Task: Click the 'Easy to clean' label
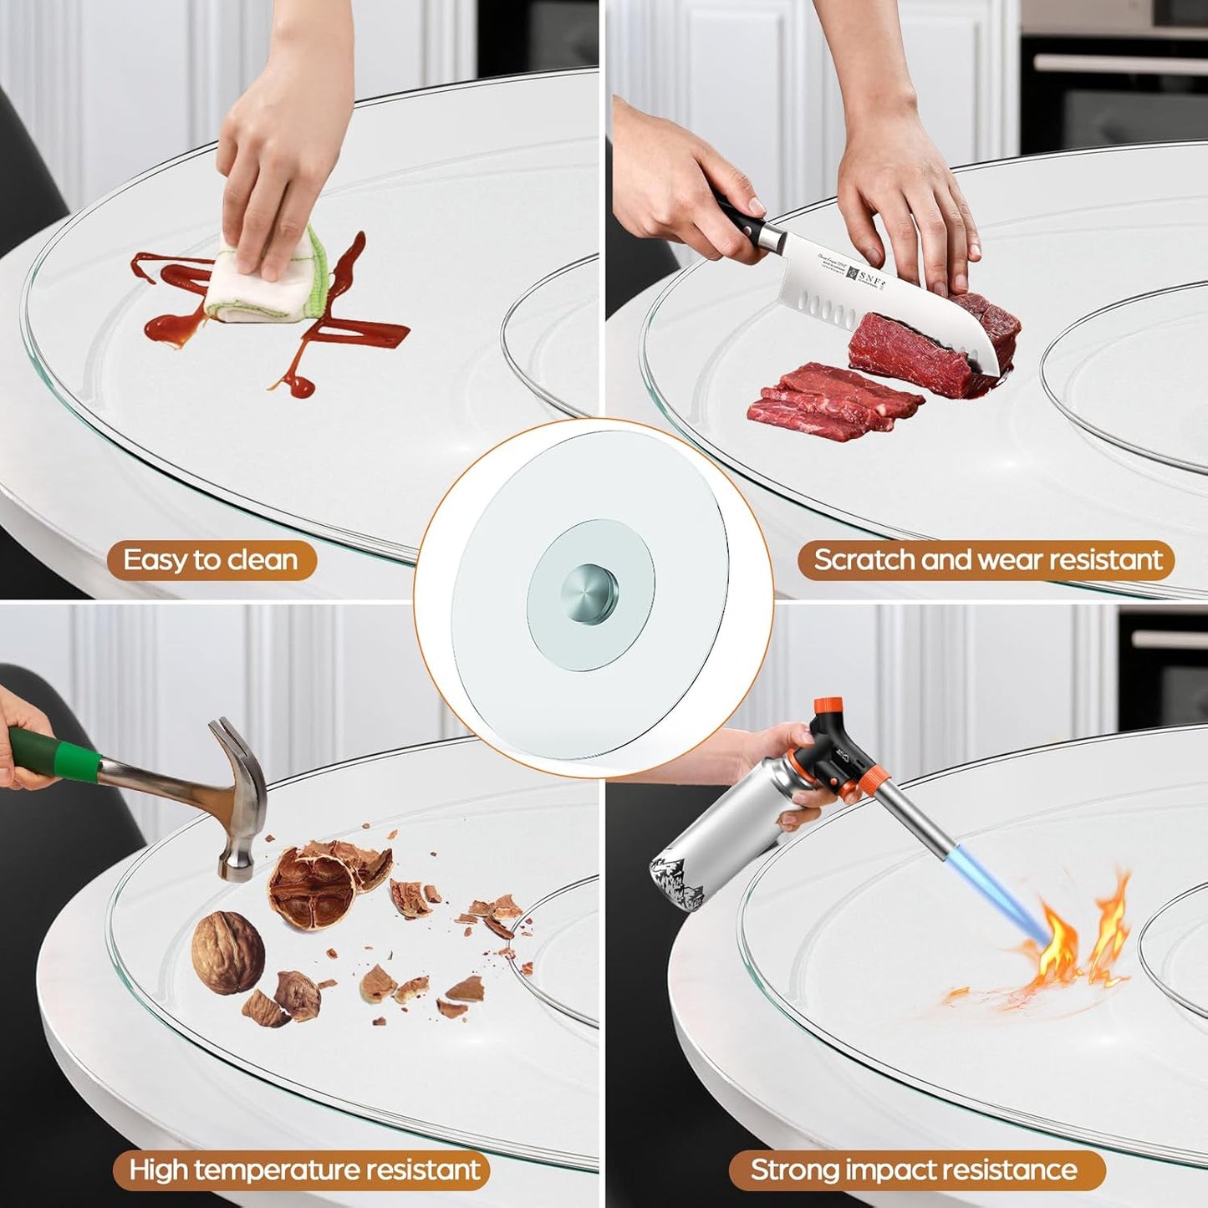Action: click(x=211, y=560)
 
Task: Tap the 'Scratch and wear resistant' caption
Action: click(x=987, y=560)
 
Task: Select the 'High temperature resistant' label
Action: click(x=305, y=1170)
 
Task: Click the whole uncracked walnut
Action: click(x=227, y=952)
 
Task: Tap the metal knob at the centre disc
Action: click(x=590, y=592)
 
